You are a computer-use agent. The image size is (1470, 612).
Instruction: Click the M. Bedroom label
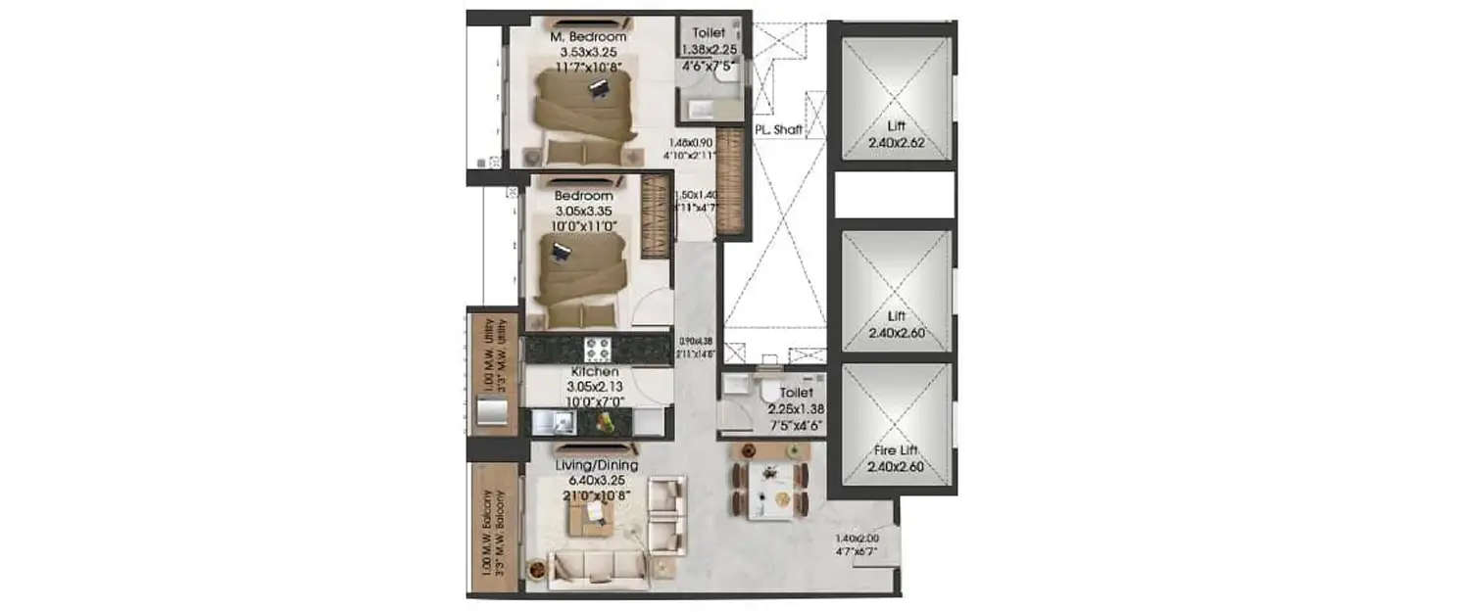click(588, 37)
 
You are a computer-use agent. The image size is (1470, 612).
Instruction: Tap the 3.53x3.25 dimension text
click(588, 53)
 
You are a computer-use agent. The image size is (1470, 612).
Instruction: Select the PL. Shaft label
click(779, 129)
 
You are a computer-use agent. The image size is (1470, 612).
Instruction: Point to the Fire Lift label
click(895, 451)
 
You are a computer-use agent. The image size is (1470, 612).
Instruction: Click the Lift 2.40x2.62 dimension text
click(895, 143)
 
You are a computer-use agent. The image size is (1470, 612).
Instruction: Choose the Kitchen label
click(595, 372)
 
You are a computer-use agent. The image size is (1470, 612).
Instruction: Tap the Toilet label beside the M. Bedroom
click(708, 32)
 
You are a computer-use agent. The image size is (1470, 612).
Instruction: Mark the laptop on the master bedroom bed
click(598, 88)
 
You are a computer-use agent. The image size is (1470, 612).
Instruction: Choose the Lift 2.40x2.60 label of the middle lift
click(895, 333)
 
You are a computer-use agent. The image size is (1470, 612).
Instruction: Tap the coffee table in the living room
click(591, 520)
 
